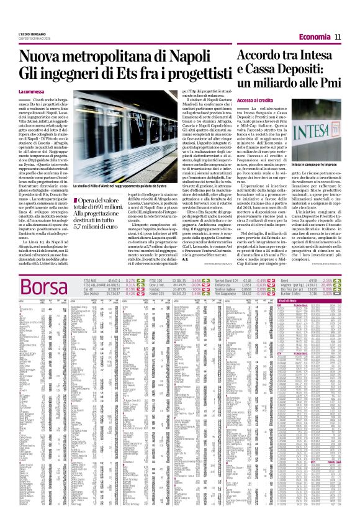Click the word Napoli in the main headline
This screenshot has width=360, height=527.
point(187,60)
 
